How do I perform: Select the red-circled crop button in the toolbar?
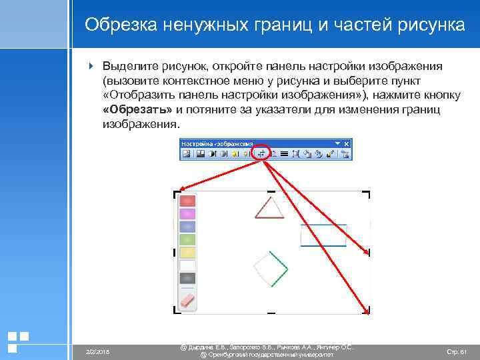tap(262, 153)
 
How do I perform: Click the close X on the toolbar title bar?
tap(346, 143)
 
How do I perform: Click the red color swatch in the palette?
tap(188, 201)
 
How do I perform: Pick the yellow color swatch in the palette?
tap(188, 253)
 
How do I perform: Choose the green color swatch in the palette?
tap(188, 239)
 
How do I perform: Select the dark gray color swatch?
tap(188, 279)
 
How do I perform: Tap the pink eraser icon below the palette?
tap(189, 300)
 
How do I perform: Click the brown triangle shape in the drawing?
tap(269, 208)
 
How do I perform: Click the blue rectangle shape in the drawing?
tap(323, 235)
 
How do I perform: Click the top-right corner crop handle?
tap(367, 194)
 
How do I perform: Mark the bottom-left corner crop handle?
tap(177, 310)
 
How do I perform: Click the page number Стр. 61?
tap(456, 351)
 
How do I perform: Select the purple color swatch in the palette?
tap(188, 214)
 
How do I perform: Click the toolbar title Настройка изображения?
tap(217, 143)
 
